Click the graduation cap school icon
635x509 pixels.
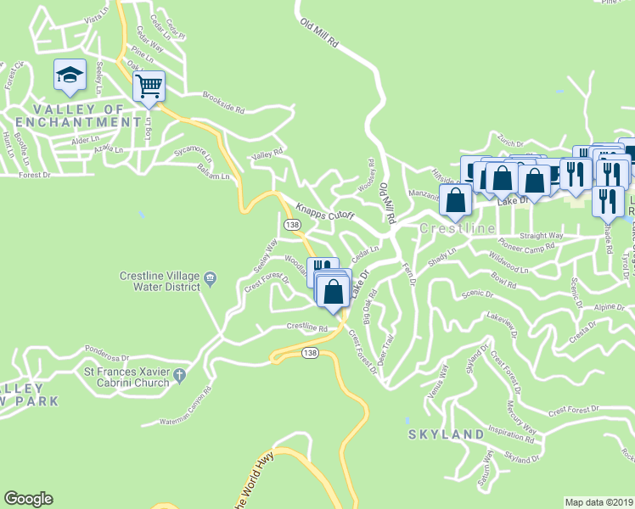coord(69,75)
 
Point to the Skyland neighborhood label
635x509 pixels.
coord(446,434)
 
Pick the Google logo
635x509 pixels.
coord(28,499)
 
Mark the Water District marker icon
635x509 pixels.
coord(211,277)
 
